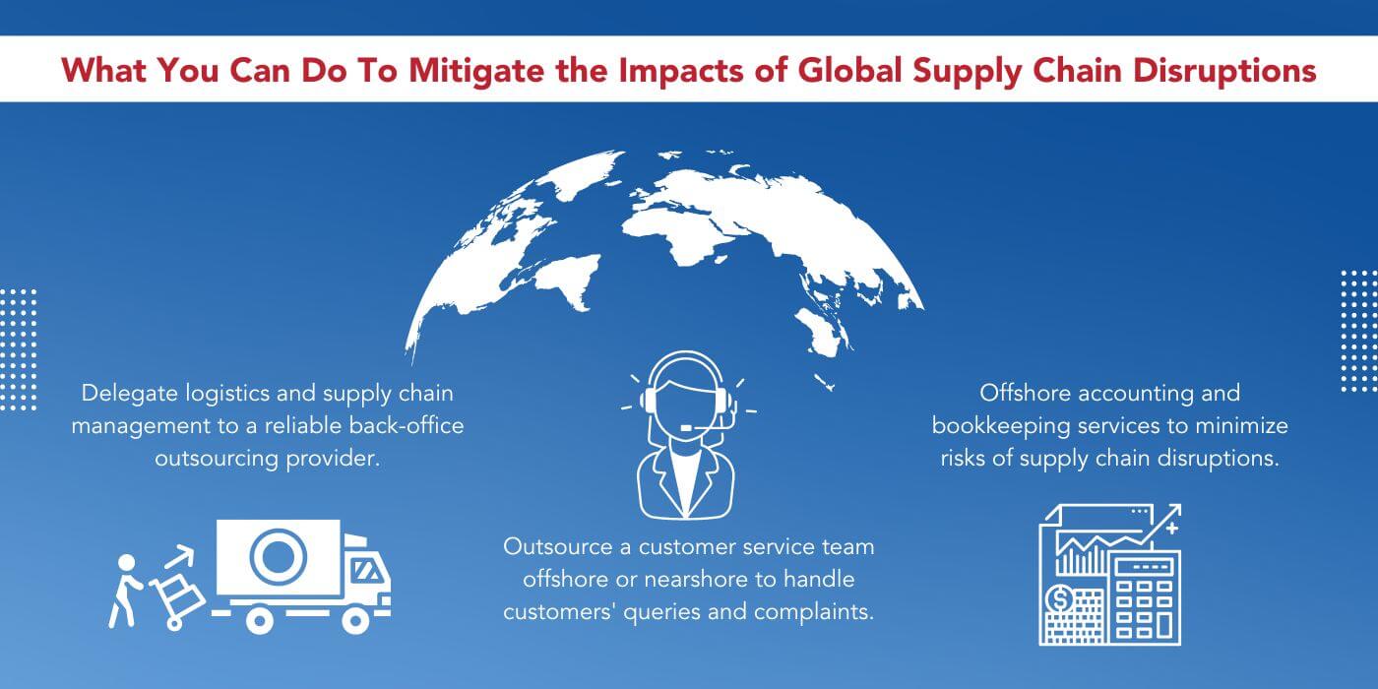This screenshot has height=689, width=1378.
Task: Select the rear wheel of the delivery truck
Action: click(259, 619)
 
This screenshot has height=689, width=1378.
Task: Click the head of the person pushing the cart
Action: click(126, 563)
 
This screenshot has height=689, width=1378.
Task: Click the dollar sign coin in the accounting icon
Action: click(1062, 597)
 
